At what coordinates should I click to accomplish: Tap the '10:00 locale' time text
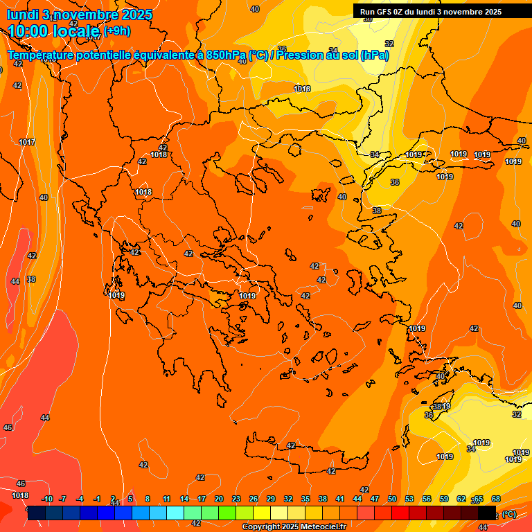[53, 31]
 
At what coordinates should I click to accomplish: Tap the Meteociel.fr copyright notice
[294, 526]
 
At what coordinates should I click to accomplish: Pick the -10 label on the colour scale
[47, 499]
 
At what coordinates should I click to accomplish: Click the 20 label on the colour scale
[219, 499]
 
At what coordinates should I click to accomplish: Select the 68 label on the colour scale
[496, 499]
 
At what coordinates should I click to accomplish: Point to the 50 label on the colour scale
[392, 499]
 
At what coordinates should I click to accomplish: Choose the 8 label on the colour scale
[148, 499]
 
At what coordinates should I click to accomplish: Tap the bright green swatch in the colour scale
[227, 513]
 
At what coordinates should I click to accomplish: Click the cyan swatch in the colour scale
[175, 513]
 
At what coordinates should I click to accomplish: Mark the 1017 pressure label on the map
[27, 142]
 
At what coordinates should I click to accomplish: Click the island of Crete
[305, 454]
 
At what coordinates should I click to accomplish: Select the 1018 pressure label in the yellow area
[302, 89]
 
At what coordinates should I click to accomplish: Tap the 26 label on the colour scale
[254, 499]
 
